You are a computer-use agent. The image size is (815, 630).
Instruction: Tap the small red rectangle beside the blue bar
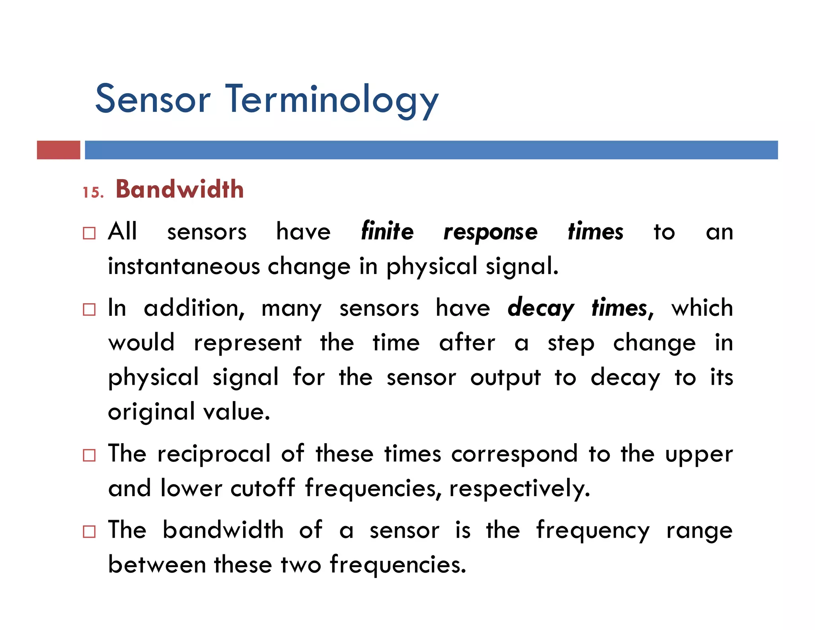pos(58,150)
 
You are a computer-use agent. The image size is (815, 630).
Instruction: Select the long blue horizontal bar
pos(431,150)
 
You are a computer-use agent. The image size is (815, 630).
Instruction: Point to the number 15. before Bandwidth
pos(93,193)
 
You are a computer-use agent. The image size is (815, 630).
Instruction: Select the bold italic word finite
pos(387,231)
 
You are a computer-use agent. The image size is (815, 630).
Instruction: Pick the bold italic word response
pos(490,233)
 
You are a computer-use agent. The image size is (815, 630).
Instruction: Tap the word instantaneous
pos(184,266)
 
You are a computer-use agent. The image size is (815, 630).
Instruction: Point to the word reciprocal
pos(214,454)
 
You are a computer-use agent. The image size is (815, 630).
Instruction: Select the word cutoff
pos(263,488)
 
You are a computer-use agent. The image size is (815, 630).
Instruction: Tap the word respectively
pos(519,489)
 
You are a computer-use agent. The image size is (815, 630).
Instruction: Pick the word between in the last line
pos(157,565)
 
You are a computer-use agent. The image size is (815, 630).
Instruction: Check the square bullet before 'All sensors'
pos(89,233)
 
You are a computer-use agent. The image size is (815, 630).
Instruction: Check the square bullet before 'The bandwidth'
pos(89,532)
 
